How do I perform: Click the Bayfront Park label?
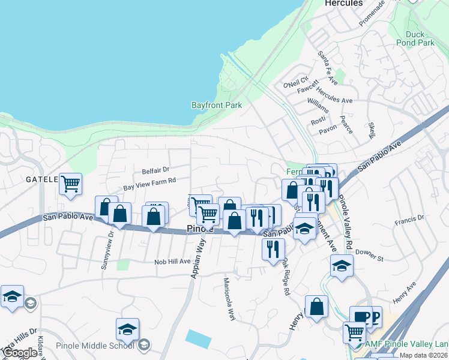217,105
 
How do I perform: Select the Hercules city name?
343,3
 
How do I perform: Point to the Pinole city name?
200,229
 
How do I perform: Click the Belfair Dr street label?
155,170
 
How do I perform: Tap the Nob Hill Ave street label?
172,262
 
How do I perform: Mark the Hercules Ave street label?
334,100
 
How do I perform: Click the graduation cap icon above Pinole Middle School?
127,329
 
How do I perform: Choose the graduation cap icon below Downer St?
342,265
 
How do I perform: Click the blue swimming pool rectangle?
198,339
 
